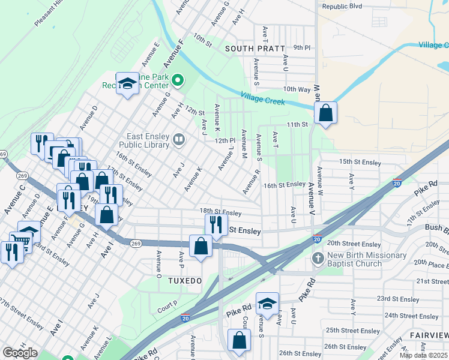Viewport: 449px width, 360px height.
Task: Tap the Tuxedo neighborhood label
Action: point(184,280)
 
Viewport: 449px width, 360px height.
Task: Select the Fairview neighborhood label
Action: point(429,334)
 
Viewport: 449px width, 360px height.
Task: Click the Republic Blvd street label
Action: point(342,6)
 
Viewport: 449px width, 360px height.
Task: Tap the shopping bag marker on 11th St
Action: point(325,113)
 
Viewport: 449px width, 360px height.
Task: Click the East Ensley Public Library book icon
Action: point(179,140)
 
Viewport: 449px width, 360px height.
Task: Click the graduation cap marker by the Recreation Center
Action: point(127,84)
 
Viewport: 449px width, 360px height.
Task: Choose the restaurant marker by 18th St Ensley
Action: point(216,224)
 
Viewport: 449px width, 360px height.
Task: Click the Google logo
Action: point(20,352)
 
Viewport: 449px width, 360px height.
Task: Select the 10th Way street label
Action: point(297,89)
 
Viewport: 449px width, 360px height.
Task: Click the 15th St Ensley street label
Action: point(360,162)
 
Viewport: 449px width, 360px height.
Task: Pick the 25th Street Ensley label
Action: point(352,331)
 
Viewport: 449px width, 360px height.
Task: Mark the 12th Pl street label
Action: point(224,140)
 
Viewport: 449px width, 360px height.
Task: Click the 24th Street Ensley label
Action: point(412,316)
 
